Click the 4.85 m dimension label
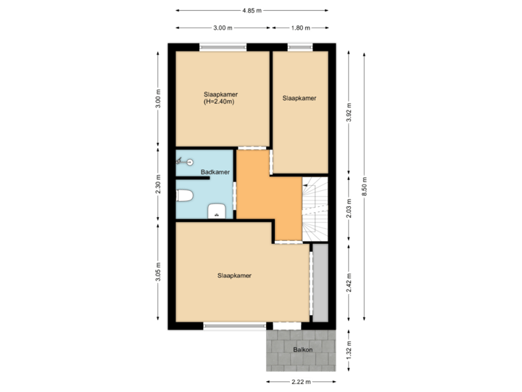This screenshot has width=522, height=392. pyautogui.click(x=252, y=11)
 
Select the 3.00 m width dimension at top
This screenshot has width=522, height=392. pyautogui.click(x=223, y=28)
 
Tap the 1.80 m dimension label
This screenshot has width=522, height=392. pyautogui.click(x=300, y=28)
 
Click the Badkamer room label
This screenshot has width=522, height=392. pyautogui.click(x=215, y=172)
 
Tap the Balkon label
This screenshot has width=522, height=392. pyautogui.click(x=303, y=351)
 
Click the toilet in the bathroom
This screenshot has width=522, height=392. pyautogui.click(x=184, y=195)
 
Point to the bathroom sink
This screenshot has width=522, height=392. pyautogui.click(x=217, y=211)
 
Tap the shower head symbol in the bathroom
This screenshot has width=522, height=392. pyautogui.click(x=185, y=163)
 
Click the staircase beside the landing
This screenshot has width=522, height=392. pyautogui.click(x=315, y=209)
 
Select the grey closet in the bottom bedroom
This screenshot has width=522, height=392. pyautogui.click(x=320, y=283)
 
